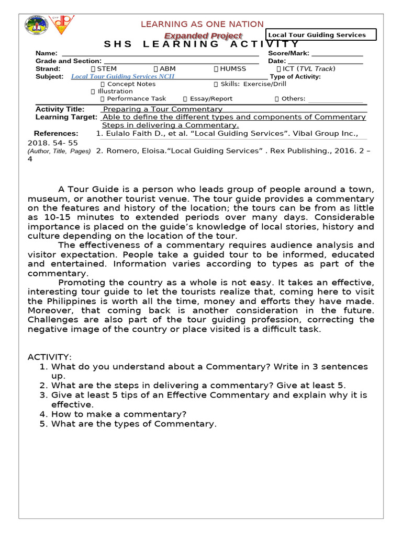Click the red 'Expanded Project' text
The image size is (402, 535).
click(203, 36)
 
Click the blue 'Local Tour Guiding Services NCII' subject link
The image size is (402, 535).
click(122, 76)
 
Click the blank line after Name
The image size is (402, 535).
click(160, 54)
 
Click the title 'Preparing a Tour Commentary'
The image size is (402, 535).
click(162, 109)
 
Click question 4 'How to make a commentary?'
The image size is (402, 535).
click(118, 414)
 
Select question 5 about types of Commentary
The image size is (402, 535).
click(133, 424)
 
